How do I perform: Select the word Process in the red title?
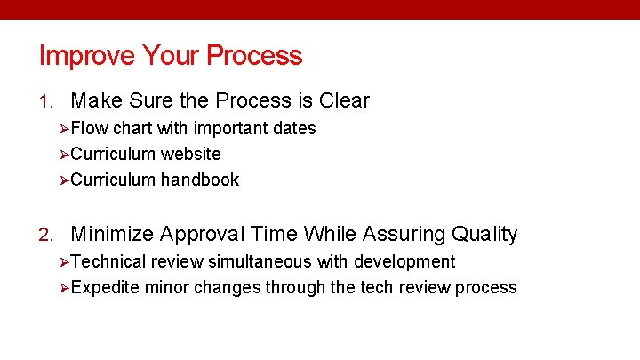click(x=254, y=56)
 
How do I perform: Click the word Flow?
click(x=90, y=129)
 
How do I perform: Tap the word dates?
click(x=294, y=129)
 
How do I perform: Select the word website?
click(x=190, y=155)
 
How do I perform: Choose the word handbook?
click(x=200, y=180)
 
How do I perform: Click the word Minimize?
click(x=114, y=235)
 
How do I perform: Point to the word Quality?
click(x=484, y=235)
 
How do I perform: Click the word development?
click(x=404, y=262)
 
